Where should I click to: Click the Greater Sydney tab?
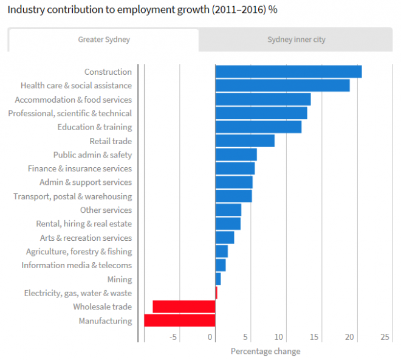[103, 40]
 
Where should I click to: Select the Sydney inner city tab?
[296, 40]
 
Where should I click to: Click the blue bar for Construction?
[289, 72]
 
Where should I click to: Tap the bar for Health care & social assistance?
[283, 86]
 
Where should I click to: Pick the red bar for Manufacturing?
[180, 320]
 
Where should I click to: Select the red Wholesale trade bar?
[184, 306]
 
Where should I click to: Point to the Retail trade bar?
[245, 141]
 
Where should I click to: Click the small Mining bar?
[218, 279]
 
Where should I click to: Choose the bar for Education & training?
[258, 127]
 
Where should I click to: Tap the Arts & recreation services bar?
[225, 238]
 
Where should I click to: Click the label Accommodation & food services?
[73, 100]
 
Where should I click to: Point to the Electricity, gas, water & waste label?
[78, 293]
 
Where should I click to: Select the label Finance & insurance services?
[80, 168]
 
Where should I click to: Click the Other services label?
[106, 210]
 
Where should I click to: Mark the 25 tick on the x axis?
[385, 337]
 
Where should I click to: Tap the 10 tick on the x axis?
[280, 337]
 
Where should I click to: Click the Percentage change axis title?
[266, 351]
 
